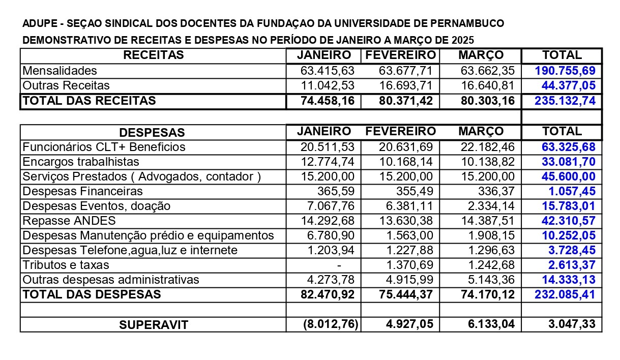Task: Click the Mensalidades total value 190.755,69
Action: (x=565, y=71)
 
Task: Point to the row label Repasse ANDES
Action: (x=69, y=221)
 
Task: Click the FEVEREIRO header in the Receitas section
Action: (x=401, y=55)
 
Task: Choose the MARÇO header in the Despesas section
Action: (x=481, y=132)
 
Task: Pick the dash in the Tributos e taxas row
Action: (x=339, y=265)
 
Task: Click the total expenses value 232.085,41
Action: (x=565, y=294)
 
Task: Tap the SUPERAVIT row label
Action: (x=154, y=325)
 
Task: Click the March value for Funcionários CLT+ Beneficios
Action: (x=487, y=147)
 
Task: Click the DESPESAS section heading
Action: (x=152, y=133)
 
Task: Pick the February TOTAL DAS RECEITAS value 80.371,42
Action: (x=406, y=101)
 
